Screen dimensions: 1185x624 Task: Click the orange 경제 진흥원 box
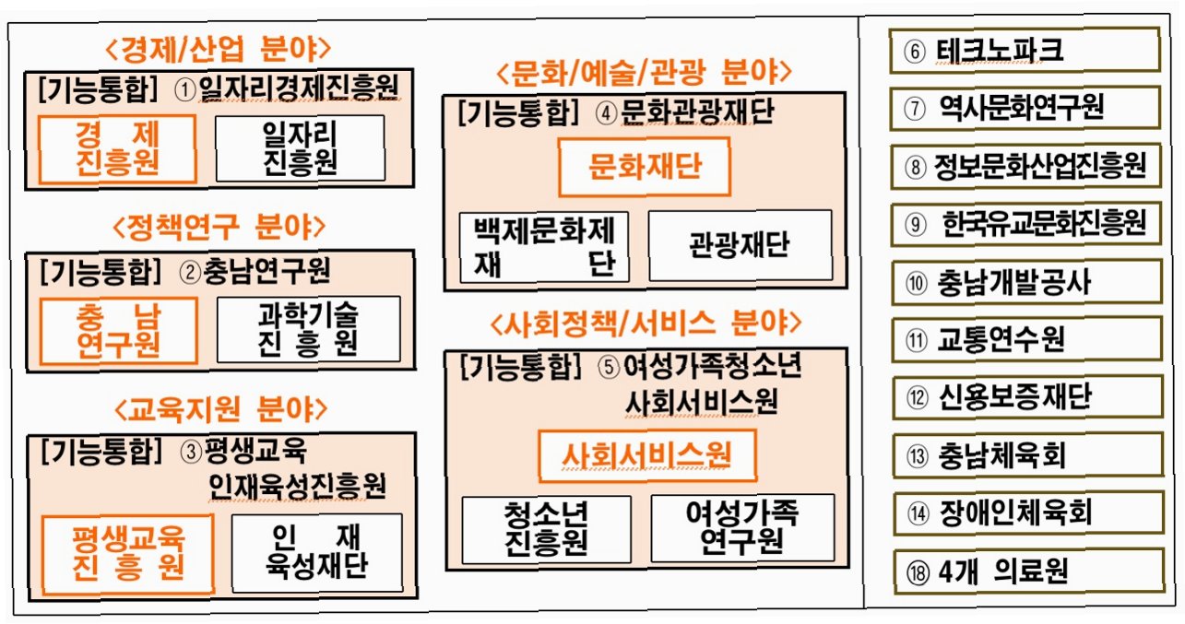click(x=117, y=149)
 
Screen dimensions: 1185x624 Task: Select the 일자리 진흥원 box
click(x=300, y=148)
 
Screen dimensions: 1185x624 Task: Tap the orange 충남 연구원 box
click(x=118, y=331)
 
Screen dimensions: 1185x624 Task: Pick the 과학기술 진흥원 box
click(x=308, y=329)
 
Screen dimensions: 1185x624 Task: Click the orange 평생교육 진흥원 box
click(x=128, y=554)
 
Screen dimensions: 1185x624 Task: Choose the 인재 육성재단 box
click(x=317, y=552)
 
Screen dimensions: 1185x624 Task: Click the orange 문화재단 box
click(x=645, y=167)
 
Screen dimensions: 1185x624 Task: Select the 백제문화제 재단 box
click(x=544, y=247)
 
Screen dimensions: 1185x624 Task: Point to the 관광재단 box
click(x=741, y=245)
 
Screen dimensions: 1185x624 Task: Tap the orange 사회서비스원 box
click(x=647, y=455)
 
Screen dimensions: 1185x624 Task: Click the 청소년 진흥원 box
click(x=547, y=529)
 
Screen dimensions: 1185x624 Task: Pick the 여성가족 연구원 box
click(x=742, y=527)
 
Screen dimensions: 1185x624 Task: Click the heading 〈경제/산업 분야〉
click(x=218, y=49)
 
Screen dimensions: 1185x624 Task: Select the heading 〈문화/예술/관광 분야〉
click(x=644, y=72)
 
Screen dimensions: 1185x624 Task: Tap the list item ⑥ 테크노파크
click(x=1025, y=51)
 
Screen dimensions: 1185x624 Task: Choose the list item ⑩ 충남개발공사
click(x=1026, y=282)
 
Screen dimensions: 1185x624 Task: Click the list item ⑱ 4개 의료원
click(x=1029, y=571)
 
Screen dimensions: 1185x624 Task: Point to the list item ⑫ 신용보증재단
click(x=1027, y=397)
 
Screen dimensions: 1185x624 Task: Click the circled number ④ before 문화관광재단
click(x=606, y=113)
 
